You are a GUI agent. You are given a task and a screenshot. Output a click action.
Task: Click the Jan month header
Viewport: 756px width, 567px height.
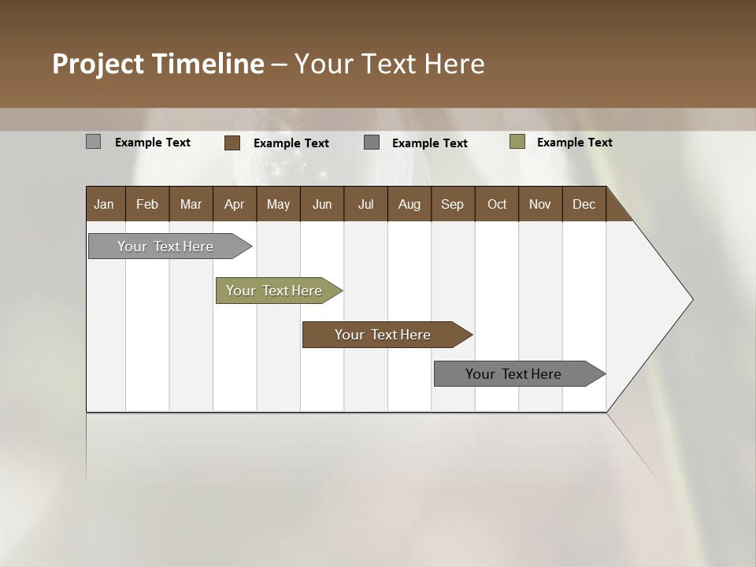point(104,204)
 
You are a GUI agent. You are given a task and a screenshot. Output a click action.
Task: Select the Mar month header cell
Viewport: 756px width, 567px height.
point(191,204)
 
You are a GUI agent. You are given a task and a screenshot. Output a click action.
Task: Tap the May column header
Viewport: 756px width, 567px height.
point(278,204)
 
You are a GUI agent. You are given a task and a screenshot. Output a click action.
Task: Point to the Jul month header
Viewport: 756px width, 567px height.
point(365,204)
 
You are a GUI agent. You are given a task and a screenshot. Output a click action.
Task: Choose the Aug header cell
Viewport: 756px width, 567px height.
point(409,204)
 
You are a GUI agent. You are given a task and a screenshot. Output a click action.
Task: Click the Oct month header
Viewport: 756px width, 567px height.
point(497,204)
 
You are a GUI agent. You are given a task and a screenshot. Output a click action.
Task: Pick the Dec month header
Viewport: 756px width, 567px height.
point(584,204)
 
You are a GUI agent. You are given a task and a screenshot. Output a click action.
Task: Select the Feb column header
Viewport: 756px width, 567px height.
point(147,204)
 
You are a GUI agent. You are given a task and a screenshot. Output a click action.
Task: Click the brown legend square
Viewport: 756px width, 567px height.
point(232,143)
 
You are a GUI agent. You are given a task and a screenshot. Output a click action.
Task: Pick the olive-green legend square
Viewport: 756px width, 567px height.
point(517,142)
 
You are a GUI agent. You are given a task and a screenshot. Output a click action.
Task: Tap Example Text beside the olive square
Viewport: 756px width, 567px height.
point(574,143)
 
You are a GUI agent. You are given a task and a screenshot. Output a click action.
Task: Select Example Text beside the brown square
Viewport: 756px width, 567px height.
point(291,143)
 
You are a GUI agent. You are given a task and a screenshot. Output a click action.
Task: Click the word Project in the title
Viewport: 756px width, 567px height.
point(98,64)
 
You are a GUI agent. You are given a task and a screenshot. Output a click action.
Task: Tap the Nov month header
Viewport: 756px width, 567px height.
point(539,204)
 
